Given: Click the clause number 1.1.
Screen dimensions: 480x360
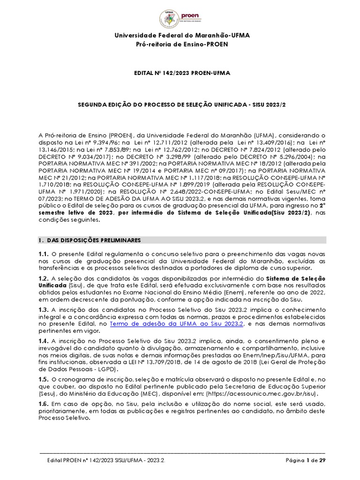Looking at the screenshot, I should [x=44, y=253].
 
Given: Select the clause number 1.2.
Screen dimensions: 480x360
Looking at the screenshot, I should [x=44, y=278].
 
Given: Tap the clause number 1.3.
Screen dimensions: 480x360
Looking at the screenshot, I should [x=44, y=310].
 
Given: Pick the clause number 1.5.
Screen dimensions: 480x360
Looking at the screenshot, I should [x=44, y=378].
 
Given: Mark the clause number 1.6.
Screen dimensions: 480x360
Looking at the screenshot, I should [x=44, y=404].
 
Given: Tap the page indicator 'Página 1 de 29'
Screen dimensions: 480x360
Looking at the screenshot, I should [x=306, y=461].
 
